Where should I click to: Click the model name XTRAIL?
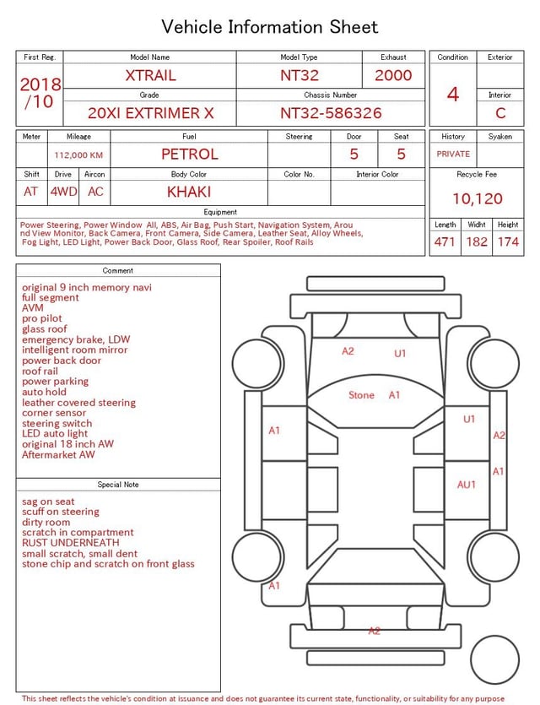coord(150,75)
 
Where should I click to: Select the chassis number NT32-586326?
coord(331,113)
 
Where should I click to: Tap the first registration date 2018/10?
coord(40,93)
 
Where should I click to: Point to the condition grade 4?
coord(453,95)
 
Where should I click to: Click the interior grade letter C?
coord(500,113)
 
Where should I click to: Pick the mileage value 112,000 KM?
coord(78,155)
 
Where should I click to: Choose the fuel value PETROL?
coord(190,155)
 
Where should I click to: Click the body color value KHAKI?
coord(189,192)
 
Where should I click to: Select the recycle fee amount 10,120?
coord(477,198)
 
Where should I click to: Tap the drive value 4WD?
coord(63,192)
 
